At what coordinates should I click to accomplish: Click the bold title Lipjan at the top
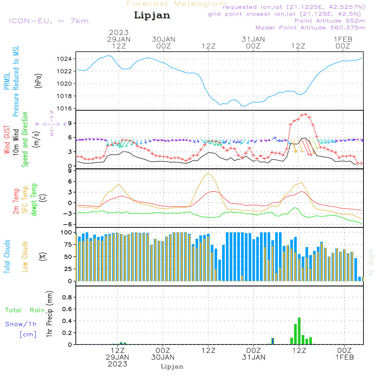pyautogui.click(x=152, y=16)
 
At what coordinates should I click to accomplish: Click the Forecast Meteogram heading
pyautogui.click(x=176, y=4)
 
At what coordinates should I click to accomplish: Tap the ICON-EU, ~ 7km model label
pyautogui.click(x=49, y=20)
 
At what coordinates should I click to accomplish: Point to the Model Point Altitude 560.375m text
pyautogui.click(x=310, y=28)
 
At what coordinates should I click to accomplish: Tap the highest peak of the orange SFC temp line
pyautogui.click(x=208, y=173)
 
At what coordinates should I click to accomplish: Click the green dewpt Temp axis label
pyautogui.click(x=34, y=200)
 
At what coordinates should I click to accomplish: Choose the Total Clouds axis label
pyautogui.click(x=7, y=256)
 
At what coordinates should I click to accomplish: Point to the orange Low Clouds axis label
pyautogui.click(x=25, y=256)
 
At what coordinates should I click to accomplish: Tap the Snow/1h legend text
pyautogui.click(x=21, y=324)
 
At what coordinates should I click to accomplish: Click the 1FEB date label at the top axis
pyautogui.click(x=343, y=39)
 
